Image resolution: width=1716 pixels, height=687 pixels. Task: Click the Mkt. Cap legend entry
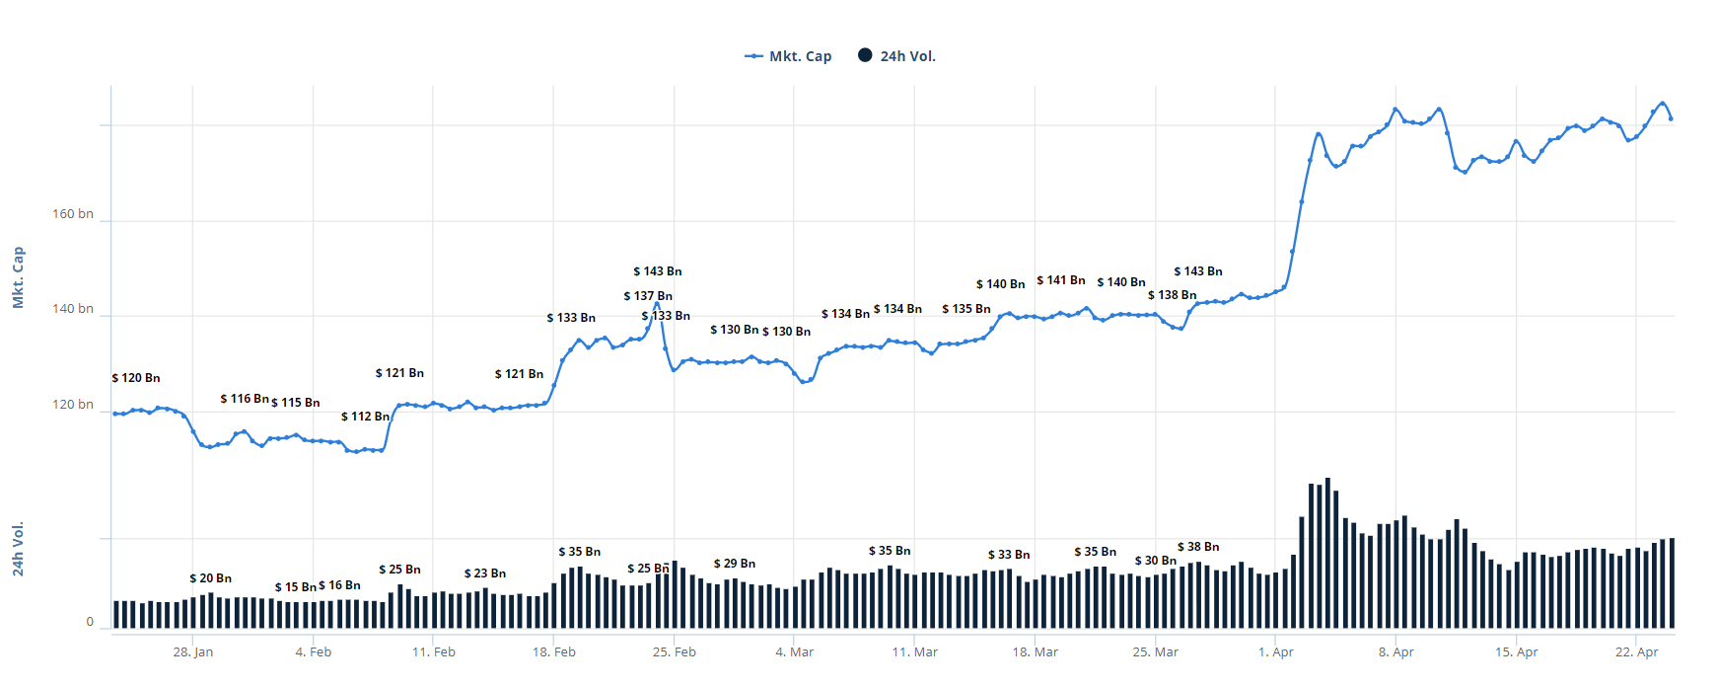[x=788, y=56]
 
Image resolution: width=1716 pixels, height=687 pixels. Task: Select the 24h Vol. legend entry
[x=896, y=56]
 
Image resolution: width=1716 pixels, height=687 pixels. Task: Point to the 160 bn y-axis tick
[x=73, y=214]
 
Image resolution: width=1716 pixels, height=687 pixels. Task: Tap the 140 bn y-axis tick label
[x=73, y=309]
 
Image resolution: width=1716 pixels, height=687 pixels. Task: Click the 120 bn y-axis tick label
[x=73, y=405]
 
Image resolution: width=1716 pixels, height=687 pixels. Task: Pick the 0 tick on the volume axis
[x=90, y=622]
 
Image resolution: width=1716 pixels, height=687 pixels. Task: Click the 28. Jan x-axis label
[x=193, y=652]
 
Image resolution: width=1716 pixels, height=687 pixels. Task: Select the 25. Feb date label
[x=675, y=652]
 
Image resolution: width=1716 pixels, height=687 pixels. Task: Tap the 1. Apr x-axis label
[x=1276, y=652]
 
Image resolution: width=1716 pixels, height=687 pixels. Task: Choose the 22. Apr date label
[x=1637, y=652]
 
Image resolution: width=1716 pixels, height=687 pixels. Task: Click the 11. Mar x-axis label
[x=915, y=652]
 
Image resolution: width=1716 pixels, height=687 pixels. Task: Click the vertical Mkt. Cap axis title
[x=18, y=277]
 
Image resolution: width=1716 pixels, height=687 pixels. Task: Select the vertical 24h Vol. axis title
[x=18, y=549]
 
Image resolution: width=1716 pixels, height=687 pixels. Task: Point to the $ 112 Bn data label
[x=366, y=417]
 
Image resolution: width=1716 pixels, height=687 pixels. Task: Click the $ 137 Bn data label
[x=648, y=296]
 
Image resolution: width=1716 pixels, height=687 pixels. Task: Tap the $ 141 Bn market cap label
[x=1061, y=280]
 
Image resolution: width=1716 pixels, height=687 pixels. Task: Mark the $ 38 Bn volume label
[x=1198, y=547]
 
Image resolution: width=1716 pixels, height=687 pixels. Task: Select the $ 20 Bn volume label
[x=211, y=578]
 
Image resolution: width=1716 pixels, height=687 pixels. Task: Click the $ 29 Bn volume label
[x=735, y=564]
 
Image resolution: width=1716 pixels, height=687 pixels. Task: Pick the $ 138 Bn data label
[x=1173, y=295]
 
